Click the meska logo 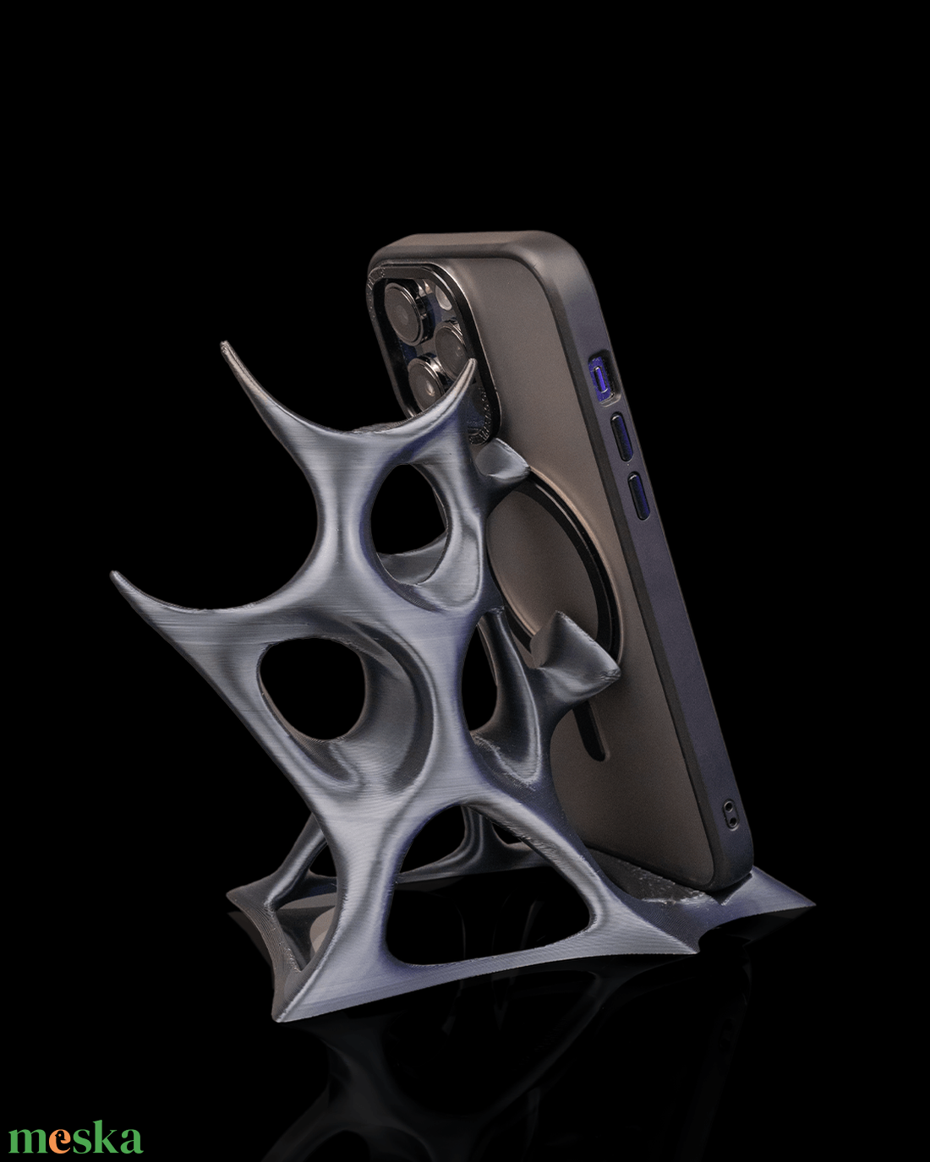click(x=75, y=1124)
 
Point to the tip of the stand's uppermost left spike click(x=222, y=344)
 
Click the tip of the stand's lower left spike click(x=113, y=575)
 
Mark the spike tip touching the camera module click(x=473, y=362)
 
